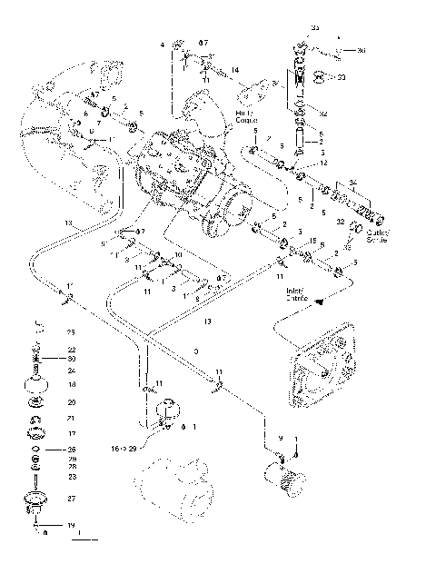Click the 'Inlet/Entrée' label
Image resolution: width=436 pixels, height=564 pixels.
pyautogui.click(x=296, y=293)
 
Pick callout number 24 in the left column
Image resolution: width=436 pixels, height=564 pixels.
pyautogui.click(x=71, y=370)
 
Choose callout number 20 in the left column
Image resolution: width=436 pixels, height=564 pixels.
pyautogui.click(x=72, y=401)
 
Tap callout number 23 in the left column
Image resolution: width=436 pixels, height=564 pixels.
pyautogui.click(x=72, y=476)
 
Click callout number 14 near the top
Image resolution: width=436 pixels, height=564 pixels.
pyautogui.click(x=233, y=70)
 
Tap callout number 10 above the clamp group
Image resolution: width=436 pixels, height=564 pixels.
pyautogui.click(x=178, y=255)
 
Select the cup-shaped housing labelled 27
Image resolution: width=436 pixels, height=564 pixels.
pyautogui.click(x=37, y=501)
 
